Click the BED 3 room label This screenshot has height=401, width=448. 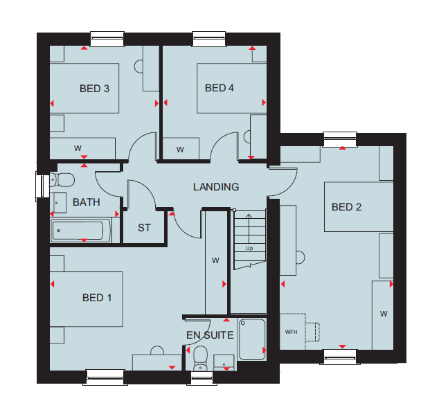pos(94,89)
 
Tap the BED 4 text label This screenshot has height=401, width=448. pos(219,88)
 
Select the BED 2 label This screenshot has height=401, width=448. pos(346,207)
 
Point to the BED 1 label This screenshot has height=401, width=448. pos(96,298)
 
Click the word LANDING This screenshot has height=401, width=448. pos(216,187)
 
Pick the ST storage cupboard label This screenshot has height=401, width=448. pos(144,228)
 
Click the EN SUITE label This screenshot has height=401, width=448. pos(210,335)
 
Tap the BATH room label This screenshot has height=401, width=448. pos(87,202)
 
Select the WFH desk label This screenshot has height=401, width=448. pos(291,332)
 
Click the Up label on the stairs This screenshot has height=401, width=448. pos(249,249)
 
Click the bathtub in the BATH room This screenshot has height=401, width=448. pos(81,231)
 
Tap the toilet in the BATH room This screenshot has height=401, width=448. pos(62,180)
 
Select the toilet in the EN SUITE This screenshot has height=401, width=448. pos(200,359)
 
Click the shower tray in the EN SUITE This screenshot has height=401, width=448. pos(252,339)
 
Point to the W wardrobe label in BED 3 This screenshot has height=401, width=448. pos(78,148)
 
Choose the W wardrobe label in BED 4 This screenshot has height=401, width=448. pos(180,150)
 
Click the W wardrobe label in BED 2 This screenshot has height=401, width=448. pos(384,314)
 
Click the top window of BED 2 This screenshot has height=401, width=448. pos(340,139)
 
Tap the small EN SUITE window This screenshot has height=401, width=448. pos(201,378)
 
